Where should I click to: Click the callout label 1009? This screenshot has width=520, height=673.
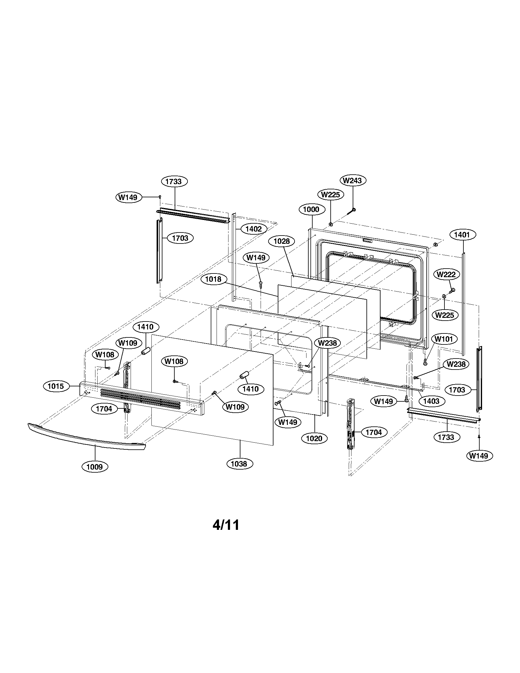pos(95,467)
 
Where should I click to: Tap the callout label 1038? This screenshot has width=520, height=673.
pos(239,464)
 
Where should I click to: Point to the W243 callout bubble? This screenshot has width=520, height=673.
pos(353,180)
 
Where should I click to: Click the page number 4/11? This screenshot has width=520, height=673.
pos(226,525)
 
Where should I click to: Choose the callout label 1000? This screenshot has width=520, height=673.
pos(311,210)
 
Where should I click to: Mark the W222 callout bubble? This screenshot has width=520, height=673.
pos(446,275)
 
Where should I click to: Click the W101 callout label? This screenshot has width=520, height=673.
pos(444,340)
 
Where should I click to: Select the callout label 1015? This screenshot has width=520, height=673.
pos(56,386)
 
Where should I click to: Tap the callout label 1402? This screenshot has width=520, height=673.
pos(254,229)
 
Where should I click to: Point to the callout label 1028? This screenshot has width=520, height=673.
pos(281,241)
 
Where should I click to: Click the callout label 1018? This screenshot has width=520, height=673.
pos(213,279)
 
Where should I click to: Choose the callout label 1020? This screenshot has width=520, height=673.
pos(314,438)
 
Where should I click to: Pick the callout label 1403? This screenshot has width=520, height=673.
pos(431,401)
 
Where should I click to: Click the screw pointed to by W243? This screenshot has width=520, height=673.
pos(352,211)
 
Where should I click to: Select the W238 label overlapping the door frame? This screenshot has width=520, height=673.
pos(328,343)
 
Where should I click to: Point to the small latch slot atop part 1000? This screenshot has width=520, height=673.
pos(367,240)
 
